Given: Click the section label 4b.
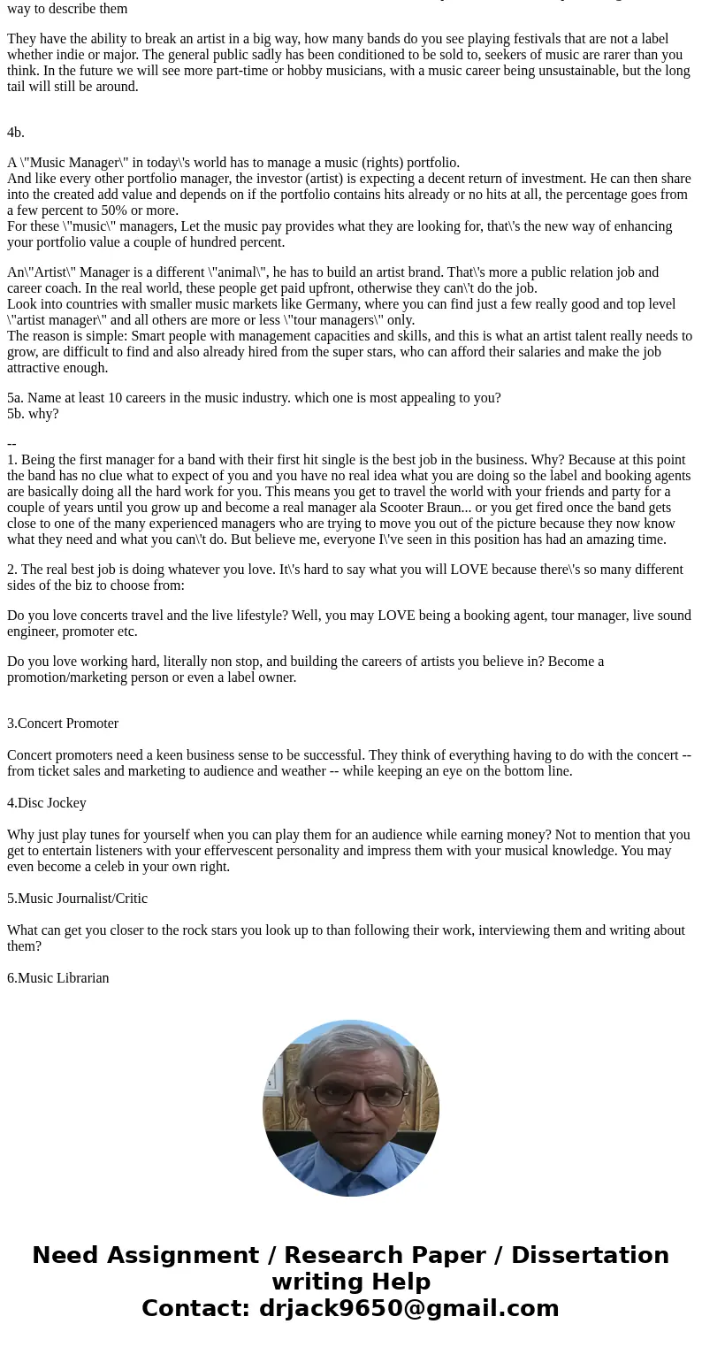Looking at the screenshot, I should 16,133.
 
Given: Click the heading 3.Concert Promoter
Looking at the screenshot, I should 63,723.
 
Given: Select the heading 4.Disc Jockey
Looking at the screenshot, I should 47,803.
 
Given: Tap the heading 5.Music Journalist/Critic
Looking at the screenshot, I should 77,899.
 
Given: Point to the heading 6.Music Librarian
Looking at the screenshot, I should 58,978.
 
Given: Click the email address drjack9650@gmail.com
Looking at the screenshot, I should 408,1308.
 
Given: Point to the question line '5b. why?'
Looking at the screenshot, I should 33,414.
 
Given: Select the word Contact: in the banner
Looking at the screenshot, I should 196,1308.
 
